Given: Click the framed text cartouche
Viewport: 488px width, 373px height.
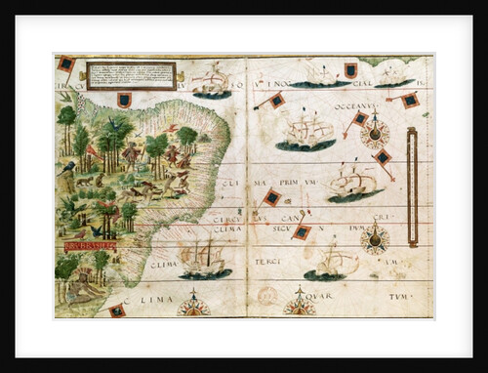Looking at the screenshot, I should [x=130, y=74].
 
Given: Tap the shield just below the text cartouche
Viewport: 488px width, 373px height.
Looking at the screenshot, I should [x=124, y=100].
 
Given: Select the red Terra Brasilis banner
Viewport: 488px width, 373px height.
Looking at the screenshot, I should [x=90, y=245].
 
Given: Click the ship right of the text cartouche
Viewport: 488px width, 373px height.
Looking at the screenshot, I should [x=211, y=82].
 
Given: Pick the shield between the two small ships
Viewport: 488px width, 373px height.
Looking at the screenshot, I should [x=350, y=70].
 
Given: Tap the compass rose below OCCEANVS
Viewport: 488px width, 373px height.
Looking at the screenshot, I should [x=374, y=133].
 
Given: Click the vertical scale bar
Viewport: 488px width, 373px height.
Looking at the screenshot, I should [x=411, y=171].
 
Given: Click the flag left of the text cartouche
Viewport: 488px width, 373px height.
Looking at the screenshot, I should [x=66, y=64].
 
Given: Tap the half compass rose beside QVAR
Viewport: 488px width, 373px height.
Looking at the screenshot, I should [x=298, y=305].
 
